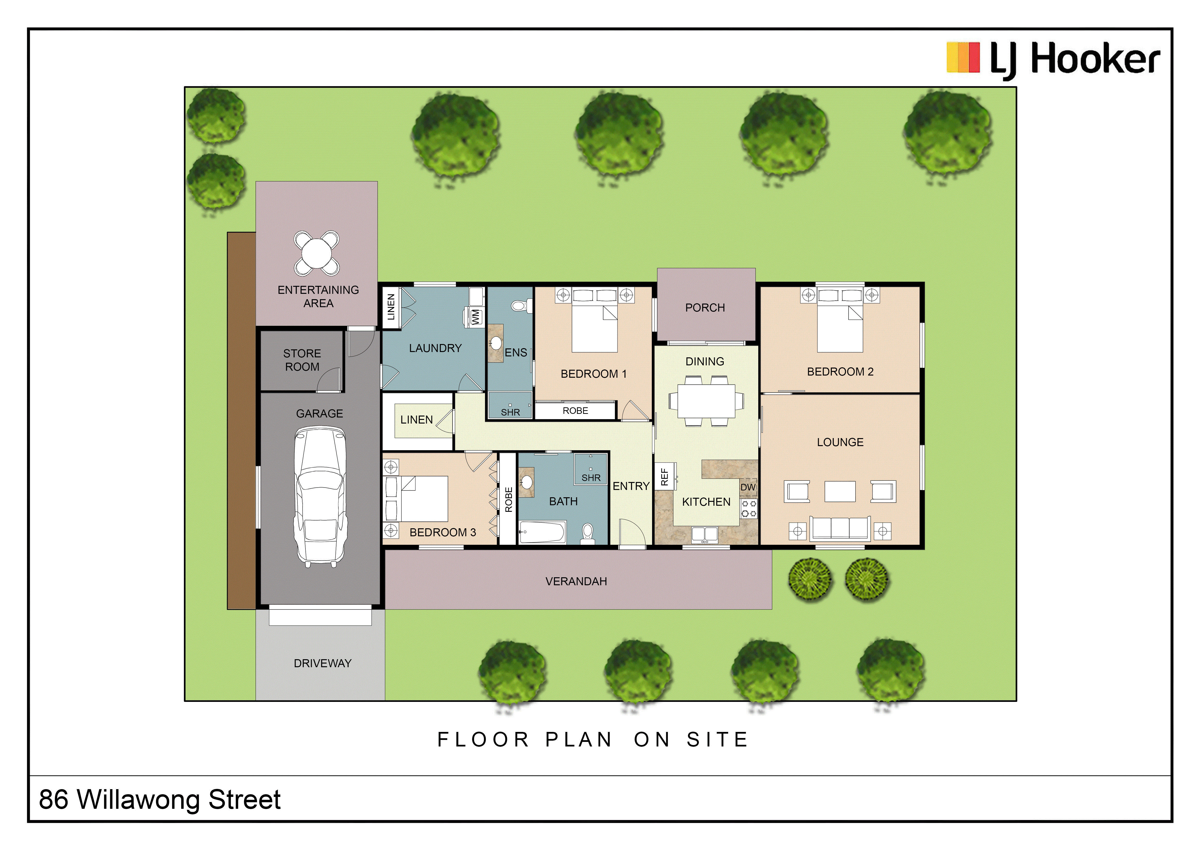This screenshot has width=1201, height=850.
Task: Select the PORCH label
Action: [x=705, y=308]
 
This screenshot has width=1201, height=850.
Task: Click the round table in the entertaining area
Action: [x=316, y=253]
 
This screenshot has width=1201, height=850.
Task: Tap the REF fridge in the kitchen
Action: [x=665, y=476]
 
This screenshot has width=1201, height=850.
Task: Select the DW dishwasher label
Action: [x=748, y=487]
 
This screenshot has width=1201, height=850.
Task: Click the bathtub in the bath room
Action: [x=542, y=532]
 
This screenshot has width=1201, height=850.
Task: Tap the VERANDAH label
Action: [x=576, y=582]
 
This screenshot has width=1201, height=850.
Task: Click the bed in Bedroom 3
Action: [x=416, y=499]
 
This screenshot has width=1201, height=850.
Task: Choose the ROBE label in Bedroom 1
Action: [x=575, y=411]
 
